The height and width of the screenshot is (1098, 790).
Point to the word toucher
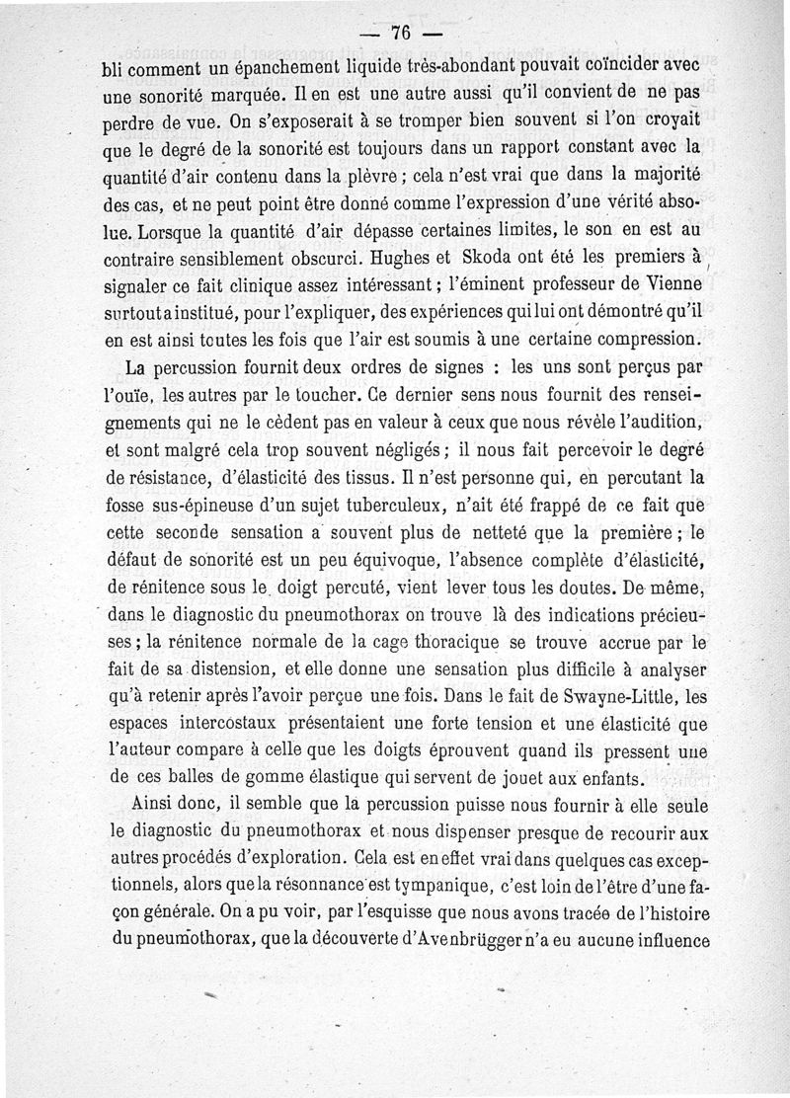296,395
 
